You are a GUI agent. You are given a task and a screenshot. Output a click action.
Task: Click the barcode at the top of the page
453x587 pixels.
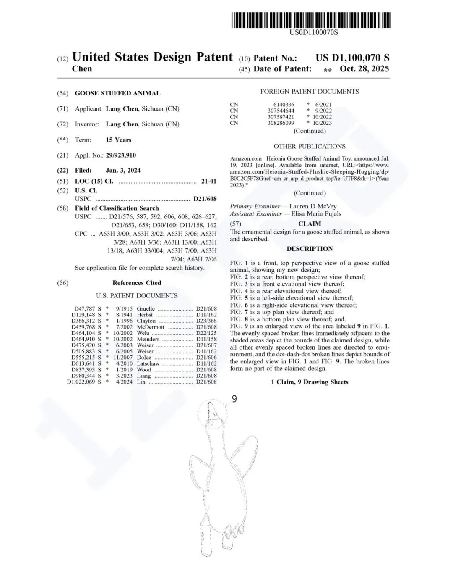[311, 20]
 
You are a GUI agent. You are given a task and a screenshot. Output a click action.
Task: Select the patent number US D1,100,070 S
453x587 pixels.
[352, 58]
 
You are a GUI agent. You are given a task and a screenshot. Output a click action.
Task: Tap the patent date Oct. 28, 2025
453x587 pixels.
[364, 69]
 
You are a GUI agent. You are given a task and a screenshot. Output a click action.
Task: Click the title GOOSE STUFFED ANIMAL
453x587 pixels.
[117, 93]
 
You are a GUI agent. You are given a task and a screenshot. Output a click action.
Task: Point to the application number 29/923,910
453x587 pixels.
[121, 155]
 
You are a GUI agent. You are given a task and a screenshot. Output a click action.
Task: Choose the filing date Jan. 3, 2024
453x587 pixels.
[123, 171]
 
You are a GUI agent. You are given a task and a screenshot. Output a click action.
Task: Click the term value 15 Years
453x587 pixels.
[118, 140]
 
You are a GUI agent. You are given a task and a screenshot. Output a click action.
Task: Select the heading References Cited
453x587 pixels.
[137, 283]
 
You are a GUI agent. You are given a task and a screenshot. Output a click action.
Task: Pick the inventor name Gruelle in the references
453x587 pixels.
[146, 309]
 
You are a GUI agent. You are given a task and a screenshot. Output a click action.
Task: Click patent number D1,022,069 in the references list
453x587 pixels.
[81, 382]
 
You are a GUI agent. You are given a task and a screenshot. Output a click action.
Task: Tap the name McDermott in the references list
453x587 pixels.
[151, 327]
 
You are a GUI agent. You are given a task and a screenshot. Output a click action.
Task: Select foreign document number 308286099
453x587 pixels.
[281, 123]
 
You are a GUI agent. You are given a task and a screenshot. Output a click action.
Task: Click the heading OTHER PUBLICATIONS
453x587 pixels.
[310, 146]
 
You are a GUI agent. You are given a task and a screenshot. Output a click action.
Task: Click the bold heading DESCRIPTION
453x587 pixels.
[310, 249]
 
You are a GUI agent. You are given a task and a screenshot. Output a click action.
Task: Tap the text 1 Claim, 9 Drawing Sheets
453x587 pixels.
[310, 382]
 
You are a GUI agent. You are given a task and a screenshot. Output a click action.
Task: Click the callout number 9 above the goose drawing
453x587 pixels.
[234, 398]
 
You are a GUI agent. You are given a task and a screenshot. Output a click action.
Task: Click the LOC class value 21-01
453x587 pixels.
[209, 182]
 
